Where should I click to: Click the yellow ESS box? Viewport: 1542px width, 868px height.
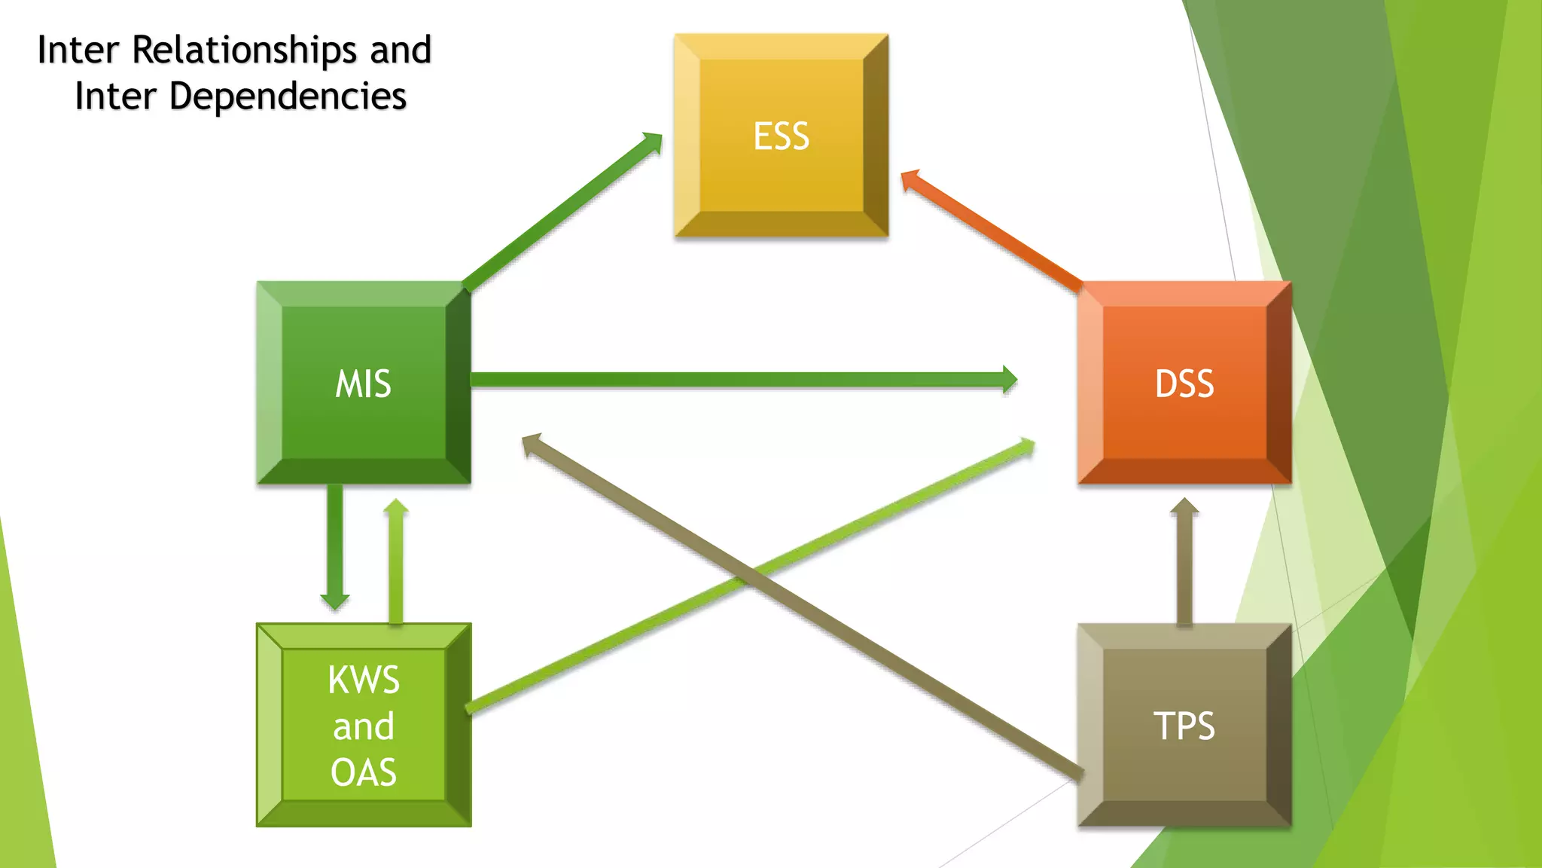point(781,136)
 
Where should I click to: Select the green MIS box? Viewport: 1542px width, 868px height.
point(363,383)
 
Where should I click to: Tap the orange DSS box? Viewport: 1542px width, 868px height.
point(1184,383)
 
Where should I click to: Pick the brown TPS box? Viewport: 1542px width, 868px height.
point(1184,725)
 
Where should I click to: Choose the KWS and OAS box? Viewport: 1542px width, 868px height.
point(363,725)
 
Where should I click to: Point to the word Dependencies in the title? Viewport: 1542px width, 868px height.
point(288,96)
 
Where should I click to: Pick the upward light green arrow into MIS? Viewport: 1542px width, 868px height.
point(396,561)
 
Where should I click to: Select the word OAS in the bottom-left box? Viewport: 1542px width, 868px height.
point(363,772)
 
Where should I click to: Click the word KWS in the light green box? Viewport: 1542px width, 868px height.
point(363,680)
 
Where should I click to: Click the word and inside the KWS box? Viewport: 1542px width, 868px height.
point(363,726)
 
